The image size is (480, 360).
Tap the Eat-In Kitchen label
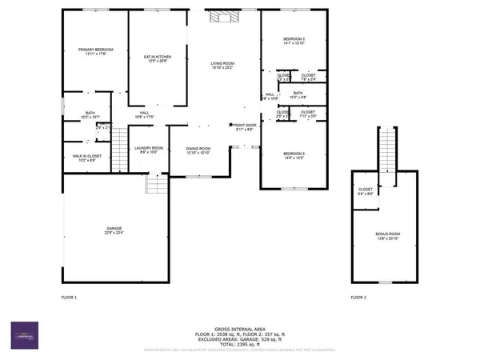[158, 58]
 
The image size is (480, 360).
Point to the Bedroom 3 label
[294, 42]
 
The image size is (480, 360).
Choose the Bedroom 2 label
[294, 154]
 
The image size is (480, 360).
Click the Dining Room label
[198, 150]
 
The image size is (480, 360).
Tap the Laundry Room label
[149, 150]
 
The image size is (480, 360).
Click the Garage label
[114, 230]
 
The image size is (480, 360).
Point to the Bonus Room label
[386, 236]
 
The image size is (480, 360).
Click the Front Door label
[243, 126]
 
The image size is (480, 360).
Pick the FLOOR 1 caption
[69, 298]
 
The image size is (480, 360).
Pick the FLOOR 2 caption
[358, 298]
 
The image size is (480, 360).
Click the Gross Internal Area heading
[240, 329]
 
